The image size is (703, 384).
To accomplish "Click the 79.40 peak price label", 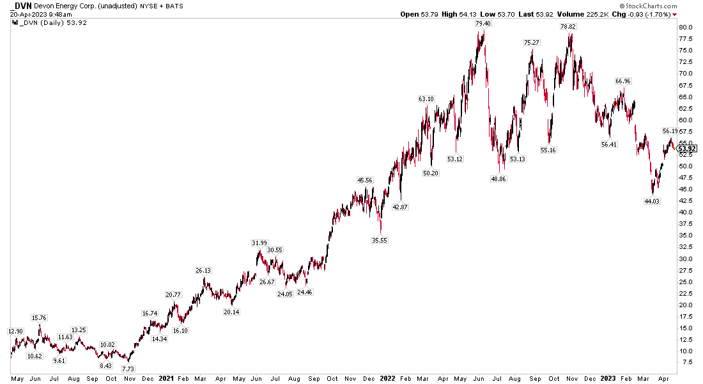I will click(483, 24).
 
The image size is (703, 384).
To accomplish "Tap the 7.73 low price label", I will click(128, 369).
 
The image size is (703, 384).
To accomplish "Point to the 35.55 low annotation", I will click(380, 240).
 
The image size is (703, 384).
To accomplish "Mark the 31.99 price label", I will click(259, 243).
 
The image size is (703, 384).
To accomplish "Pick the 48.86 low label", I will click(497, 179).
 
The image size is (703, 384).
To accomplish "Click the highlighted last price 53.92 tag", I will click(687, 148).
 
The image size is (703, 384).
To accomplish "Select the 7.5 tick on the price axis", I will click(685, 363).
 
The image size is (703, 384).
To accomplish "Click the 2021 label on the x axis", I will click(166, 378).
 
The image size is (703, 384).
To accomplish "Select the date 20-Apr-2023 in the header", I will click(28, 13).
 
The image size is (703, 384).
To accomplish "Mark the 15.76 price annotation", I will click(40, 317).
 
